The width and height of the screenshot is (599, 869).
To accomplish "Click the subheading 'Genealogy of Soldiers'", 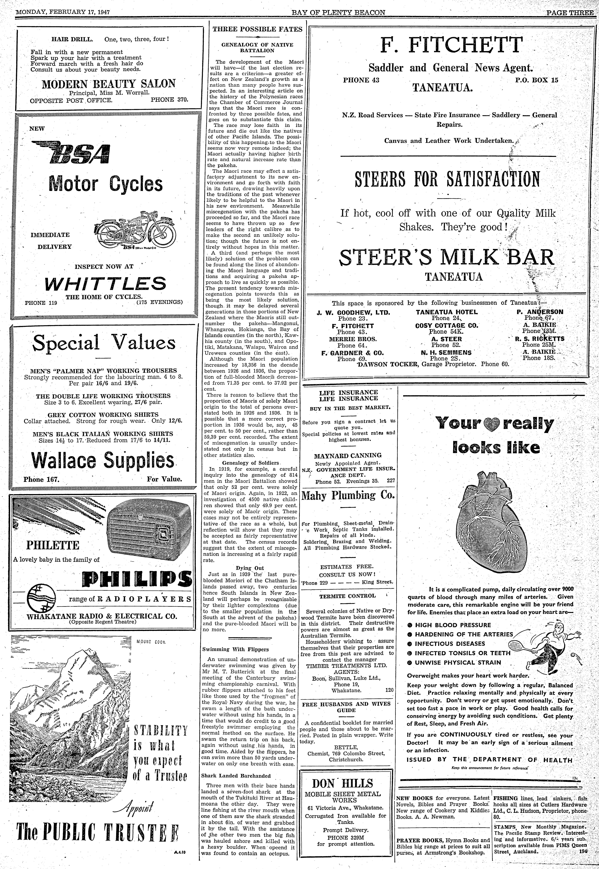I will point(251,463).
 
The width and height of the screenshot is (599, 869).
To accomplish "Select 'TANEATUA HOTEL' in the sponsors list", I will point(447,312).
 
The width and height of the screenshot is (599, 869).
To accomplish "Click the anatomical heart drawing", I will point(492,525).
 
